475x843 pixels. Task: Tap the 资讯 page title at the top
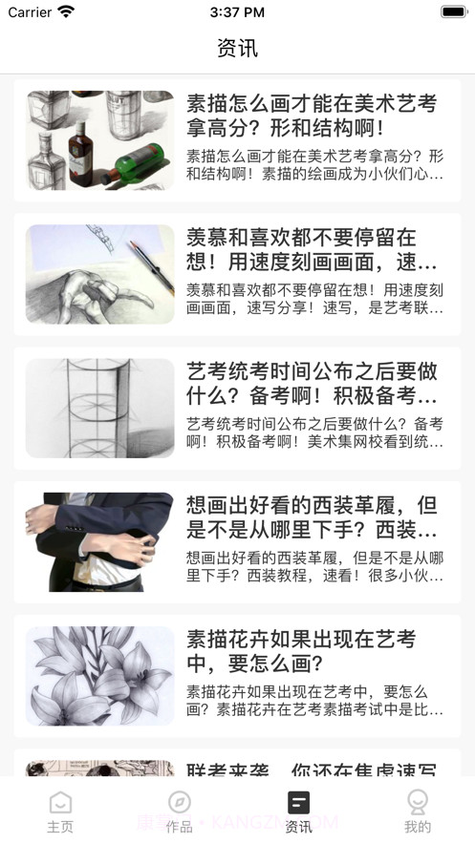(x=237, y=48)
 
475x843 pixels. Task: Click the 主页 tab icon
(x=60, y=802)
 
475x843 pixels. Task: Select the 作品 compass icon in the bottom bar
(x=179, y=802)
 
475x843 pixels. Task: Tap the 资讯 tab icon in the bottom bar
(x=298, y=802)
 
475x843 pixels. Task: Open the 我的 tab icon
(x=418, y=802)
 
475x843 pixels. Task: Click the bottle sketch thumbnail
(x=99, y=140)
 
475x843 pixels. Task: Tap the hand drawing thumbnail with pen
(x=99, y=274)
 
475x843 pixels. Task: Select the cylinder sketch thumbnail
(x=99, y=408)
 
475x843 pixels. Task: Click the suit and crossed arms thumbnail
(x=99, y=541)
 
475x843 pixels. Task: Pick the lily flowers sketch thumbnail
(x=99, y=675)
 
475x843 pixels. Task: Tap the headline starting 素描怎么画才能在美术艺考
(x=312, y=116)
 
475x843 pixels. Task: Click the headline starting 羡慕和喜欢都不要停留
(x=312, y=249)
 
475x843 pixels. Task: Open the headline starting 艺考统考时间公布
(x=312, y=383)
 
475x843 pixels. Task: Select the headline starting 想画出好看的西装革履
(x=312, y=516)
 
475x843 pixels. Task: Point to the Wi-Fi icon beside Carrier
(x=66, y=12)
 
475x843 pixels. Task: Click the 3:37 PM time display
(x=237, y=12)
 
